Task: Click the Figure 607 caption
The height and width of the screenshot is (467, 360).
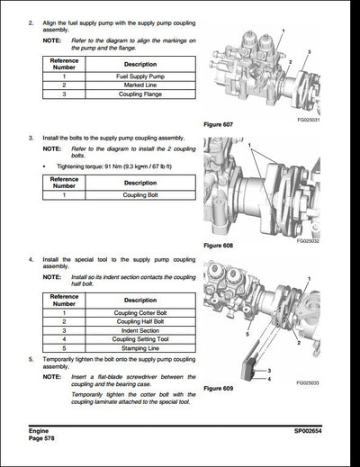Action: (220, 123)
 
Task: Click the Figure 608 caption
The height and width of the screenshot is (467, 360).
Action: (220, 244)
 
